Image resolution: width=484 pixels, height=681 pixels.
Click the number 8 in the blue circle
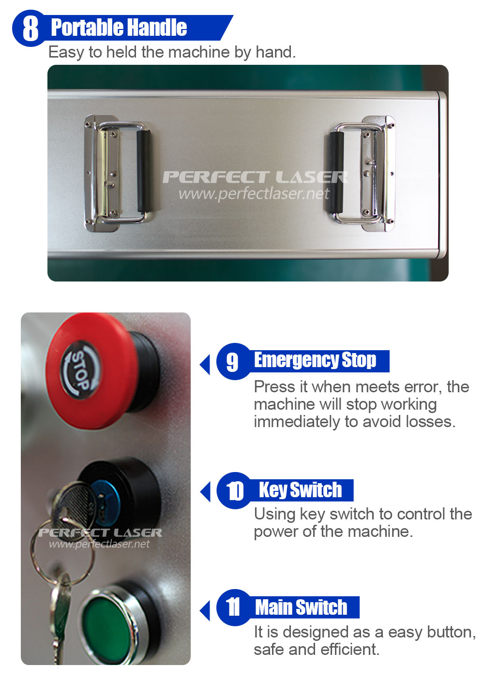tap(30, 29)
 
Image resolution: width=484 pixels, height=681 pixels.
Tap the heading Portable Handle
tap(119, 28)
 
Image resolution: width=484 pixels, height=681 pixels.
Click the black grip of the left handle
tap(144, 171)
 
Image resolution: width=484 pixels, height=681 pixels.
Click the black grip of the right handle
tap(336, 172)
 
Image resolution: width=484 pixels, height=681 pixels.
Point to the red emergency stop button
tap(91, 371)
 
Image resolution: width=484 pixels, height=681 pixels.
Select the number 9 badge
tap(232, 362)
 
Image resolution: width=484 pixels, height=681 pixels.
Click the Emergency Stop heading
tap(315, 360)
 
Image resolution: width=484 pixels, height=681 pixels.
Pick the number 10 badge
tap(234, 491)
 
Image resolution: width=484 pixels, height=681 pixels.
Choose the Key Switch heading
tap(300, 490)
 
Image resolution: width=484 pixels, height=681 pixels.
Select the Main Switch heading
tap(301, 607)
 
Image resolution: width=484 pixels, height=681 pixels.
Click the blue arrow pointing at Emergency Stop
tap(205, 364)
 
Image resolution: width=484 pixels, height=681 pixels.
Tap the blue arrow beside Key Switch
tap(205, 491)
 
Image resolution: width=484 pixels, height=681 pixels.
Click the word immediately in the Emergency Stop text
tap(297, 422)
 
